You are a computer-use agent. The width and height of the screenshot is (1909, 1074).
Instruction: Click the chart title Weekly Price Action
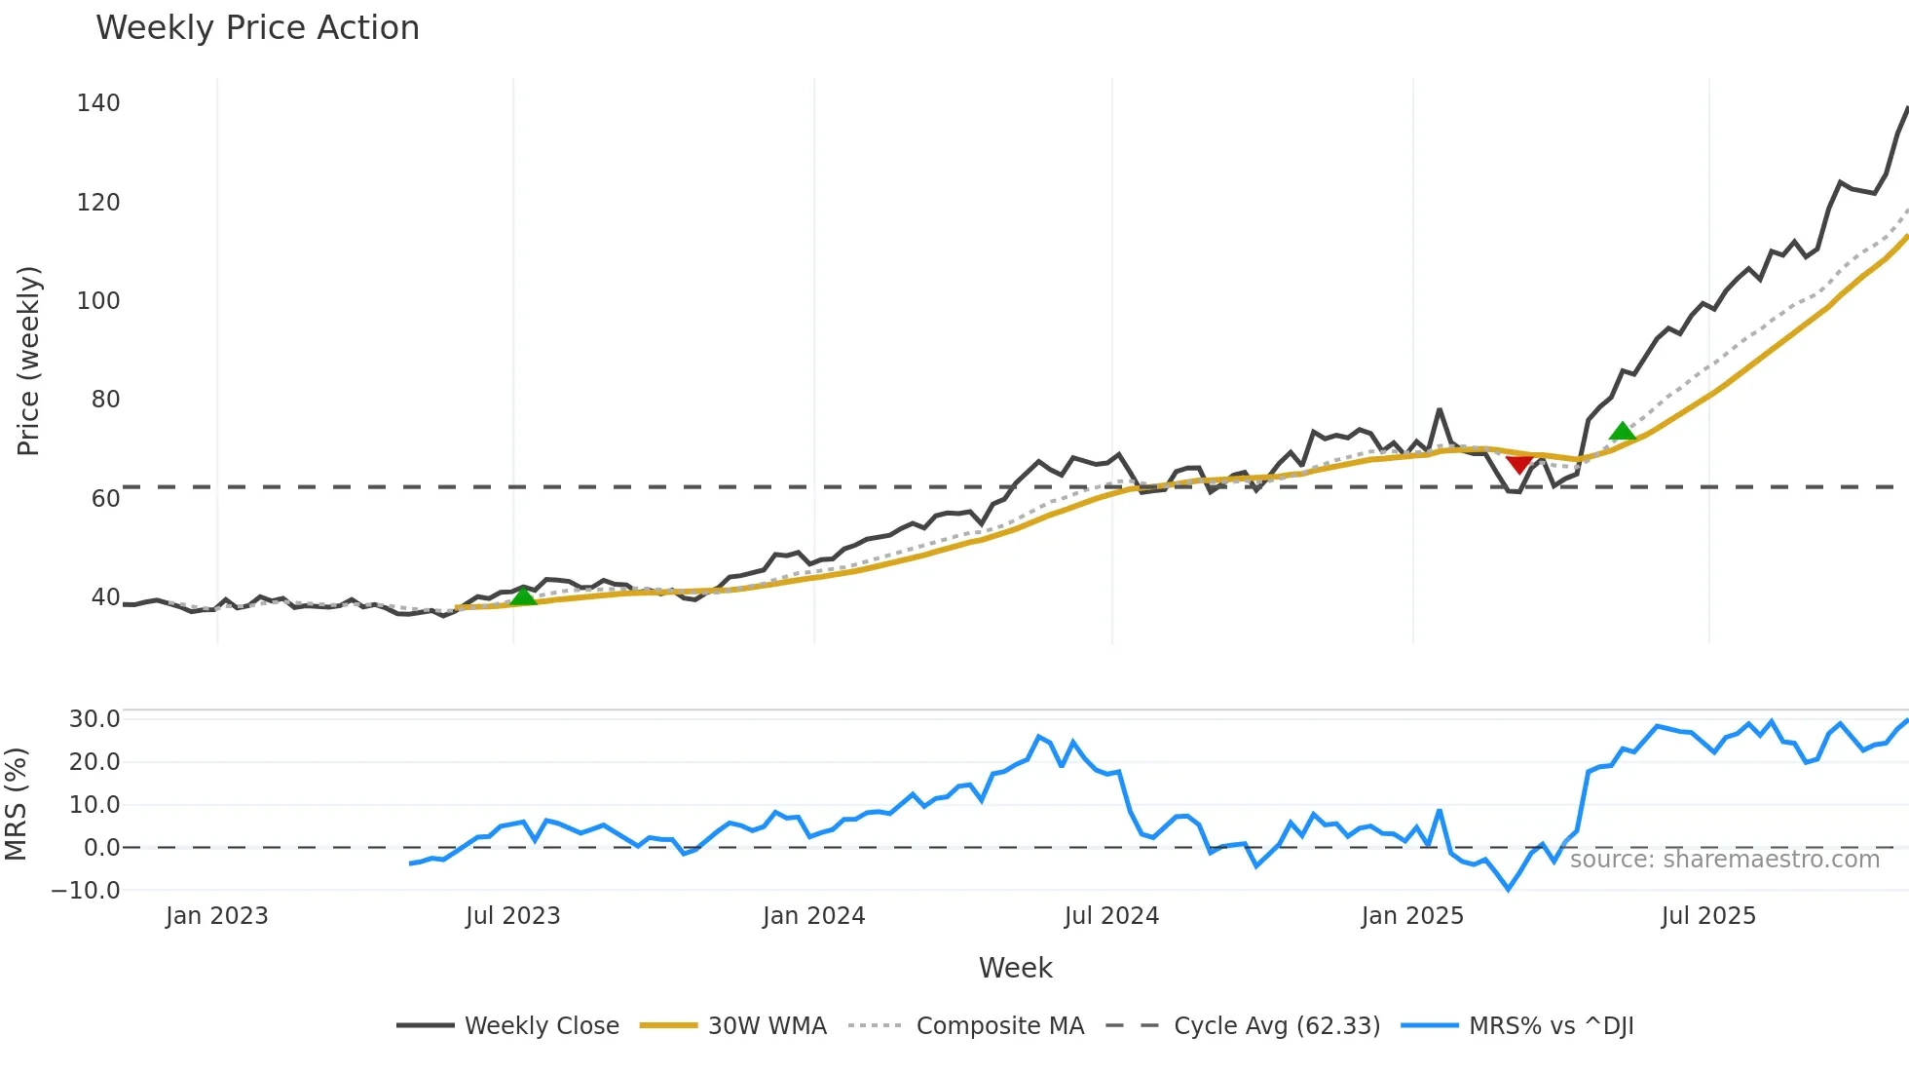coord(257,28)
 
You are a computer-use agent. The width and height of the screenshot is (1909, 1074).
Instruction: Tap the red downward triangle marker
coord(1518,462)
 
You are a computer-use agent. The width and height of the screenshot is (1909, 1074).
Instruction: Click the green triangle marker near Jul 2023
coord(523,595)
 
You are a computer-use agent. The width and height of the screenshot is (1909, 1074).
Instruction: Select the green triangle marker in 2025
coord(1622,431)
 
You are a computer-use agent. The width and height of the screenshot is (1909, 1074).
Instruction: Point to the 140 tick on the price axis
coord(98,103)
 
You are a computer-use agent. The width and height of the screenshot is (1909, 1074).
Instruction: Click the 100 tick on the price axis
coord(98,301)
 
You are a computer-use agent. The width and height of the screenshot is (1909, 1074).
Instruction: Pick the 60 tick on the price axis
coord(105,499)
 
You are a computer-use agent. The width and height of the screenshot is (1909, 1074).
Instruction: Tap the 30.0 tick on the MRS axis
coord(94,719)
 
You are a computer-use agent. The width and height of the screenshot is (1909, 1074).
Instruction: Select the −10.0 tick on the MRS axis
coord(86,891)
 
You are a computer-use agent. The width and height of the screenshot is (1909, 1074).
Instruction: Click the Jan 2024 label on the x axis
coord(813,916)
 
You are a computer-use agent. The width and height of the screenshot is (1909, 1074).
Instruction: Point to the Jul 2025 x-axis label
coord(1708,916)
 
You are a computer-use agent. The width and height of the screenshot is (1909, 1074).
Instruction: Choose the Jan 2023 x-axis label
coord(216,916)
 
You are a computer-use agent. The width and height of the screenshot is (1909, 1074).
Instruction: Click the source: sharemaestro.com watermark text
coord(1724,860)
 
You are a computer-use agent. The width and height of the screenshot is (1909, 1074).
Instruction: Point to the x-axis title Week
coord(1015,968)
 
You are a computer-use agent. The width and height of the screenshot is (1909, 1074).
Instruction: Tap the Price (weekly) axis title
coord(29,361)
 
